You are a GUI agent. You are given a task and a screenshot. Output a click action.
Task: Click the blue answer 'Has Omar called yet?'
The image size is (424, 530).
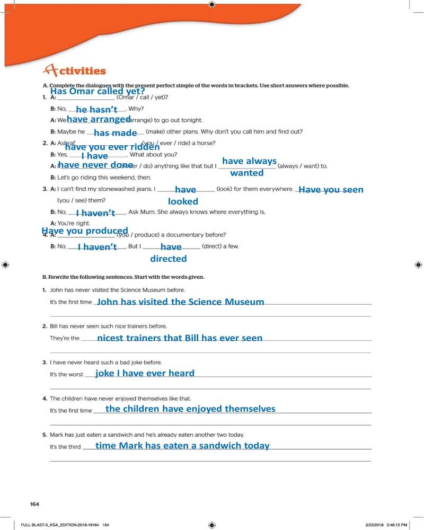tap(97, 91)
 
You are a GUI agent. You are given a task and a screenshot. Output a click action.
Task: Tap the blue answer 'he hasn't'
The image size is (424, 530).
tap(96, 110)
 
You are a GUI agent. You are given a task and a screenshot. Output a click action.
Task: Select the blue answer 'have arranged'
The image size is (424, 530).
tap(99, 120)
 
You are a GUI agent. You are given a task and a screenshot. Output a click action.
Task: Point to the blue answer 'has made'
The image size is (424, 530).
tap(116, 133)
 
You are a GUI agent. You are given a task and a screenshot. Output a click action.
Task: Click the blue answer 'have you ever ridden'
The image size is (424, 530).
tap(112, 147)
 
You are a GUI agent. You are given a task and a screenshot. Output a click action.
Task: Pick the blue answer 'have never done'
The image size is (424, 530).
tap(95, 165)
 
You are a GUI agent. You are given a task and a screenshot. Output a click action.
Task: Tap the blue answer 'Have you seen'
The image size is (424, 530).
tap(331, 190)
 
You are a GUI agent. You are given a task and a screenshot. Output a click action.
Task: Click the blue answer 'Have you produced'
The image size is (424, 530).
tap(85, 231)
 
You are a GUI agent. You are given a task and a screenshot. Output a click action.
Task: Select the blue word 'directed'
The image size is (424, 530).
tap(169, 259)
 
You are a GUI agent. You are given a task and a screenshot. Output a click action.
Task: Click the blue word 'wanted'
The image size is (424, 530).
tap(247, 173)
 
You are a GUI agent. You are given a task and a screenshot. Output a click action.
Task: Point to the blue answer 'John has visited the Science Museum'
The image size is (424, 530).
tap(181, 302)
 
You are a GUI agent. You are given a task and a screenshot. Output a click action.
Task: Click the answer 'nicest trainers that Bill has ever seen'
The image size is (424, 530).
tap(180, 338)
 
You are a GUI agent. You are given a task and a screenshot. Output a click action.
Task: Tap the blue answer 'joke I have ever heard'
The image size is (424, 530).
tap(145, 373)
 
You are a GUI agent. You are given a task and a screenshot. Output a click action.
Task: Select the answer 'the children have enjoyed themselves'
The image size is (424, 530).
tap(190, 409)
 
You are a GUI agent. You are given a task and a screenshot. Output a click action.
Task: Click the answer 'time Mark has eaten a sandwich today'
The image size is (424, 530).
tap(182, 446)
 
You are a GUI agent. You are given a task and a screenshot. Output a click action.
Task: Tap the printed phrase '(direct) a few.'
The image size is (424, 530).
tap(220, 246)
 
